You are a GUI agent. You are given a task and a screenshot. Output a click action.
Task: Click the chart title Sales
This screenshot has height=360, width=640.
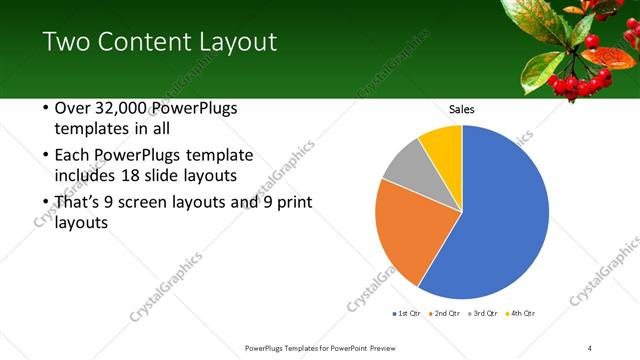coord(461,109)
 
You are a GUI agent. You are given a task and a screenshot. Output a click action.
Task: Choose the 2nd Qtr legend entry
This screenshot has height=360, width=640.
coord(445,313)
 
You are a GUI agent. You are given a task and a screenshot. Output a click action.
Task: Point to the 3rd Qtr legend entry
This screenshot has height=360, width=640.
coord(483,313)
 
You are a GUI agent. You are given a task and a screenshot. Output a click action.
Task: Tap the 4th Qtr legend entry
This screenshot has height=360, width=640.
coord(521,313)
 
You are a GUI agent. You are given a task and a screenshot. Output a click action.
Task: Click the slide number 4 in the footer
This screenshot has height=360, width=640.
coord(590,347)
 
